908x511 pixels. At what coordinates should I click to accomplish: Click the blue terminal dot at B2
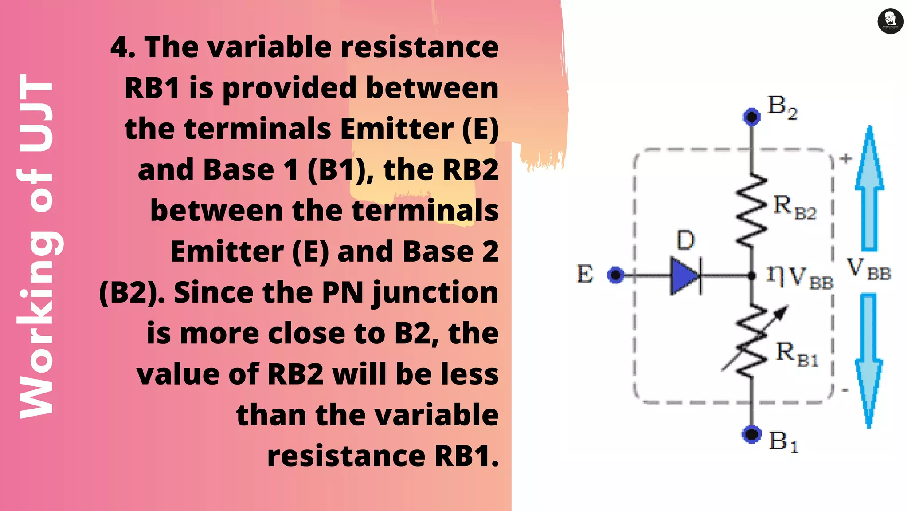click(x=751, y=117)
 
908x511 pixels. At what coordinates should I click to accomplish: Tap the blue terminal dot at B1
click(x=751, y=434)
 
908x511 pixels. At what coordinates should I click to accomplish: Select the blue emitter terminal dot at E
click(x=615, y=275)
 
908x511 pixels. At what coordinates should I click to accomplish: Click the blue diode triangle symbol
click(x=684, y=276)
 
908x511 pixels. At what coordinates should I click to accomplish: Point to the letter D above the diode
click(x=685, y=240)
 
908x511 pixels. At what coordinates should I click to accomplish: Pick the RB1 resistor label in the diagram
click(x=796, y=354)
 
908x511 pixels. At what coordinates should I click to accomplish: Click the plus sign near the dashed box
click(x=846, y=158)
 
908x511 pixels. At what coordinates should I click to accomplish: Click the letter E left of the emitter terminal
click(x=585, y=274)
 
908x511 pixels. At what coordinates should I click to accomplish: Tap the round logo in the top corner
click(x=890, y=21)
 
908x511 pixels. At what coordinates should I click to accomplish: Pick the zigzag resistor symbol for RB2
click(x=751, y=209)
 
